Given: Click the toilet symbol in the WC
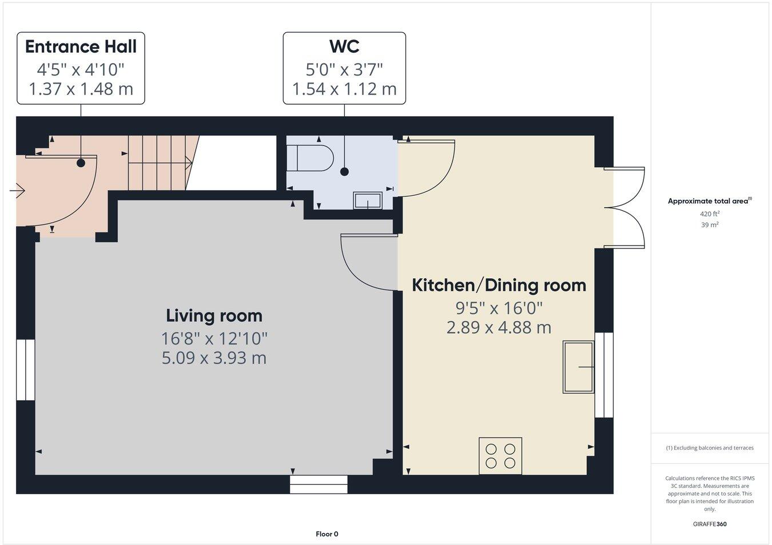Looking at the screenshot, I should coord(311,158).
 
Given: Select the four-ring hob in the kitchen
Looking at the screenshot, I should coord(500,456).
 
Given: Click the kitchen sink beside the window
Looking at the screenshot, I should coord(579,366).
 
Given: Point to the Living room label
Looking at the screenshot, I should coord(214,315).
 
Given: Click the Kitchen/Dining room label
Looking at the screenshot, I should coord(499,285).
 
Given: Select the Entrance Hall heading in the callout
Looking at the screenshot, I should coord(81,46).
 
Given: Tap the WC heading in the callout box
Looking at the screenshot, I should coord(344,46).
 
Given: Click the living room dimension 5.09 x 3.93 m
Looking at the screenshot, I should coord(214,358).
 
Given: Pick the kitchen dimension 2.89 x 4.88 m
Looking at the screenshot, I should coord(499,327).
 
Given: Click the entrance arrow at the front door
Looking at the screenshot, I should coord(17,189).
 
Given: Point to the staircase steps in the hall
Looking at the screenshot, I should coord(158,163).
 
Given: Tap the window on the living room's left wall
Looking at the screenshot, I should coord(26,370).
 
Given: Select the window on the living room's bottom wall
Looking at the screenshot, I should coord(319,484).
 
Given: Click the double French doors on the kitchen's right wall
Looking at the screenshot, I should coord(626,208).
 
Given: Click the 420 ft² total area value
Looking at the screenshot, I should coord(710,214).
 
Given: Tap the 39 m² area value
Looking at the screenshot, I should coord(710,225).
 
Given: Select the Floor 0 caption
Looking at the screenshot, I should coord(327,534).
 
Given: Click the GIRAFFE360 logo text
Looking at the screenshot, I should coord(710,523).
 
